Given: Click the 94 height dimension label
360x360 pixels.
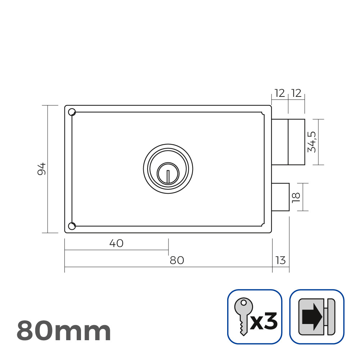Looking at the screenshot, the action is click(x=42, y=169).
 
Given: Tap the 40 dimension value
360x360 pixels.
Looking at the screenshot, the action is click(x=116, y=243).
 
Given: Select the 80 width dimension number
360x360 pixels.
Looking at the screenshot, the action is click(x=177, y=260).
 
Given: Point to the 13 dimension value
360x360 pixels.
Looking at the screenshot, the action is click(x=280, y=260).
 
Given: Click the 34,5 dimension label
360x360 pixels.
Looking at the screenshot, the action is click(x=312, y=142).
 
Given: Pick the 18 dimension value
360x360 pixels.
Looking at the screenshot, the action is click(x=296, y=198).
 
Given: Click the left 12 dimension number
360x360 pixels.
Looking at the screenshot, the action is click(x=280, y=93).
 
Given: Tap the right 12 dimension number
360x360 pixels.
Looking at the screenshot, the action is click(x=296, y=93).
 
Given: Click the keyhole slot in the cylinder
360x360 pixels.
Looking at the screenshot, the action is click(x=168, y=176).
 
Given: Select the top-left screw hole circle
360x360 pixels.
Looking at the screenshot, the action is click(x=72, y=112).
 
